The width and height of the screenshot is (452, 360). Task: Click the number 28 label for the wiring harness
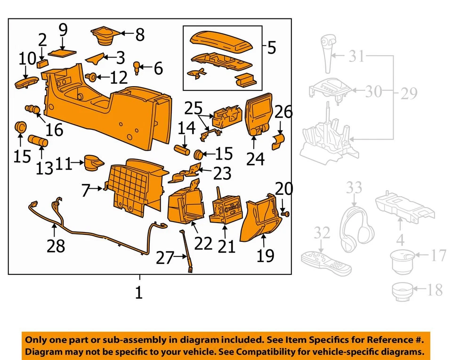(56, 246)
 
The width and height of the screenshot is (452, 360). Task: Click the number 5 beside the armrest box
(271, 48)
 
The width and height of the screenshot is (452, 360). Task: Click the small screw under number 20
(285, 214)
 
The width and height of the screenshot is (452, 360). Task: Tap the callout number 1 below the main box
(138, 293)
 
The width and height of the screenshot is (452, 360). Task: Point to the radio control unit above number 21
(226, 208)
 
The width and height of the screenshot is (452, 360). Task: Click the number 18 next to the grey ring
(435, 289)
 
